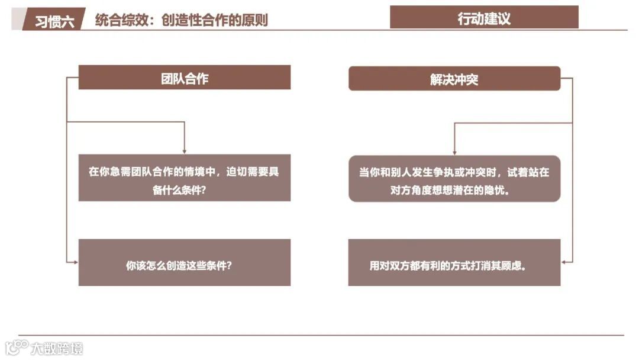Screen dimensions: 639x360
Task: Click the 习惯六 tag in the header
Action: point(54,21)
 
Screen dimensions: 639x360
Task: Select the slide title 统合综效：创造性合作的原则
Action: point(181,20)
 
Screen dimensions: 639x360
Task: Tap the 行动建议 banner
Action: point(484,18)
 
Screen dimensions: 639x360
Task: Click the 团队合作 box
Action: point(185,78)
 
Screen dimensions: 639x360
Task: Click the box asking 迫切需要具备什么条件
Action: point(185,178)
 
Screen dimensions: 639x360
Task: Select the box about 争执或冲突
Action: point(454,179)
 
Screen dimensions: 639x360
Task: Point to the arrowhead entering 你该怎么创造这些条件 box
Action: point(76,262)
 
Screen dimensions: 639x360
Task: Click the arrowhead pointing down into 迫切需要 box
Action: point(185,151)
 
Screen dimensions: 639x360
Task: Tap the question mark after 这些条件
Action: point(229,265)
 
